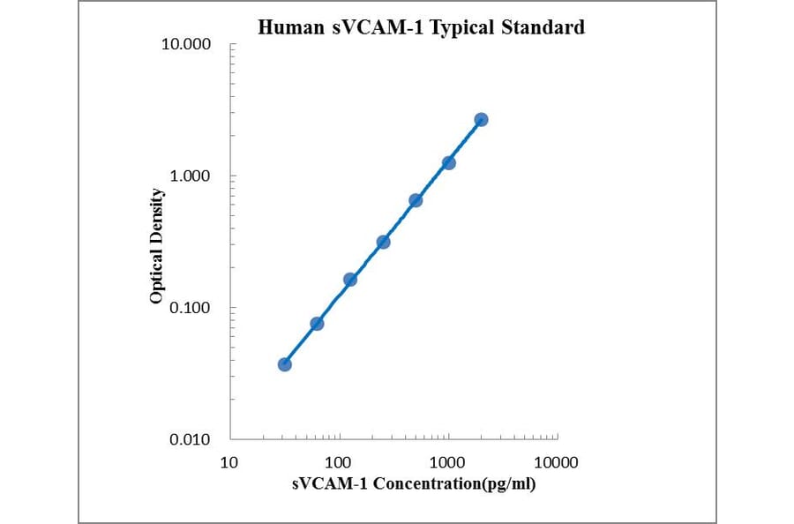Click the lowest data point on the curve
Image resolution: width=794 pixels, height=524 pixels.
coord(284,364)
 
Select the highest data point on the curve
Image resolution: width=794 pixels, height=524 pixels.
coord(481,119)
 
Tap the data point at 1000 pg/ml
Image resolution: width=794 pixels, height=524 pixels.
coord(448,162)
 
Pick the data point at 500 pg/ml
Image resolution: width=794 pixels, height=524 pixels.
coord(416,200)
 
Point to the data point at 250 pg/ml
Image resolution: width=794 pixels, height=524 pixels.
coord(383,242)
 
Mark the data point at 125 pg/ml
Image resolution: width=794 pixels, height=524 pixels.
coord(350,280)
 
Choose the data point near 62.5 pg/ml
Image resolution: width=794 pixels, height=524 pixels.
coord(317,324)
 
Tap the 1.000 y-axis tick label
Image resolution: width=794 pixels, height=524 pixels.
coord(191,176)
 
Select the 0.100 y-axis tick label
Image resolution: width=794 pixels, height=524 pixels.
coord(191,308)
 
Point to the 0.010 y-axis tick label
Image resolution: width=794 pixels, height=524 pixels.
coord(191,439)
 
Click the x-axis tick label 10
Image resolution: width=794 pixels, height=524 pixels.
coord(229,462)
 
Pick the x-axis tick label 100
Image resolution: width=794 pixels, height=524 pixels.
coord(339,462)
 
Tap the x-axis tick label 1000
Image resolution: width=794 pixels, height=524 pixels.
coord(448,462)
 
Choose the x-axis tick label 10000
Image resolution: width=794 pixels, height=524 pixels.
coord(556,462)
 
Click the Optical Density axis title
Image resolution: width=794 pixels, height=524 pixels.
coord(157,246)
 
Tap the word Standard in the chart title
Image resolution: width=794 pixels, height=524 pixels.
coord(543,27)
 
